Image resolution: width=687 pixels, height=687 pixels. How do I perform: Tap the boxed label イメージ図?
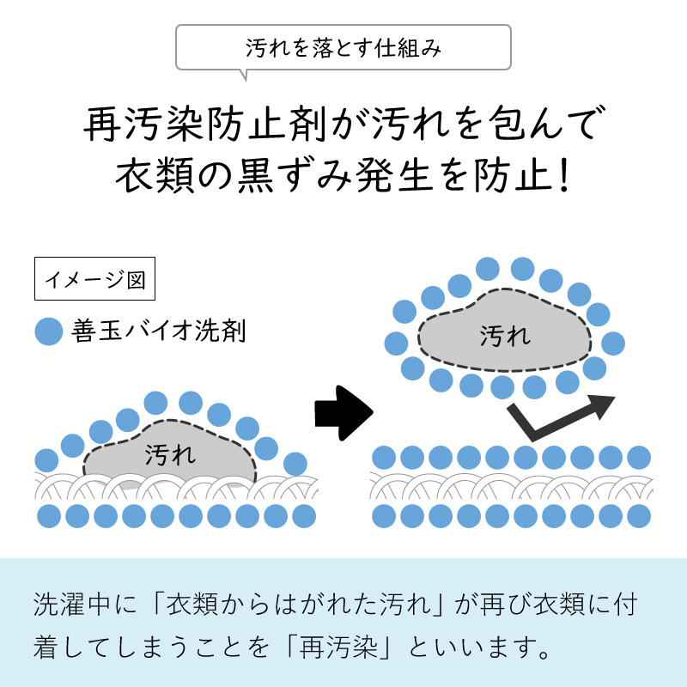coord(94,279)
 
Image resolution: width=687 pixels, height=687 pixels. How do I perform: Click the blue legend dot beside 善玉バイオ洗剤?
coord(49,331)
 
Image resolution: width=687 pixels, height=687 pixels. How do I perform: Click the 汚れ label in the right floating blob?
coord(505,334)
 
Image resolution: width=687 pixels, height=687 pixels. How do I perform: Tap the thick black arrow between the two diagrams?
coord(343,410)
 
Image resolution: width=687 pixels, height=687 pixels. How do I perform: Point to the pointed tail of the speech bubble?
coord(246,76)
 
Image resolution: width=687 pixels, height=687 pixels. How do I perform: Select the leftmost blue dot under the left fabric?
coord(49,516)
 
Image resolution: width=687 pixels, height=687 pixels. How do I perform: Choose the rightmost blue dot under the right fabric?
coord(638,516)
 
